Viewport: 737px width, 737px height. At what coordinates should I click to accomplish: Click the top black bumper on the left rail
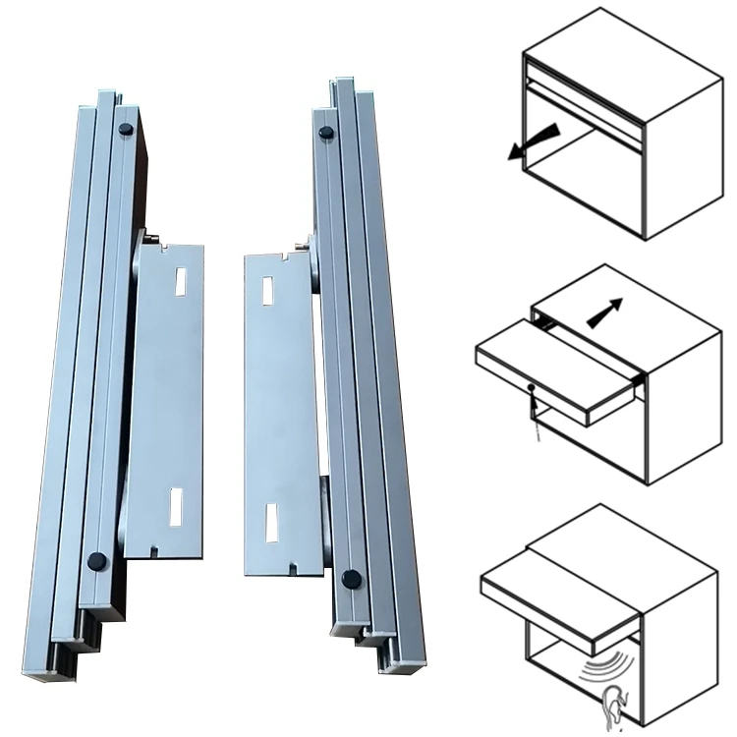coord(125,129)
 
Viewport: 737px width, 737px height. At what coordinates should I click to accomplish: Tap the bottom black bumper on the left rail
coord(97,561)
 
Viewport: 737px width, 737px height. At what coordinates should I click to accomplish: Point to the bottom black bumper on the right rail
coord(350,580)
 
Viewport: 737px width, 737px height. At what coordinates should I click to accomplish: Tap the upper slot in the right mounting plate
coord(268,290)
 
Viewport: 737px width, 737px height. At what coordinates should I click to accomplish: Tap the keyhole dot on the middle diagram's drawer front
coord(531,387)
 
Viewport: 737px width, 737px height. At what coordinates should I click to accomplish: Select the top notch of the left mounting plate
coord(157,248)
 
